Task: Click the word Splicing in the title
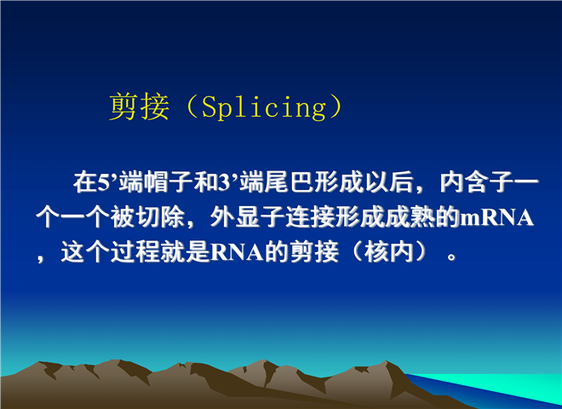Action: point(263,107)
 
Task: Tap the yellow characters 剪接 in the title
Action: point(139,107)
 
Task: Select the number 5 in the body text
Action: point(104,182)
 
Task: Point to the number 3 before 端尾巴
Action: point(224,182)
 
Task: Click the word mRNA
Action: point(496,218)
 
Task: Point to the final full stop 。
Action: point(451,256)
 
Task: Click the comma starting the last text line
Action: point(40,257)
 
